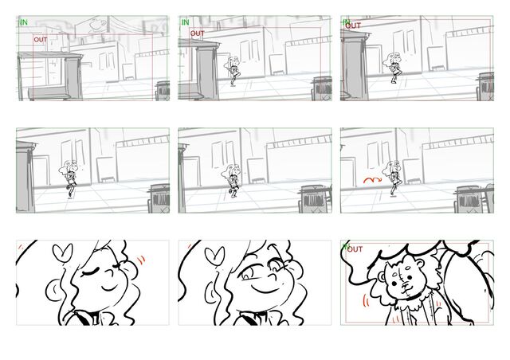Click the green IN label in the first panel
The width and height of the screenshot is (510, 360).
click(24, 22)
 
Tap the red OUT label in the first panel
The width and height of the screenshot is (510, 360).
click(41, 40)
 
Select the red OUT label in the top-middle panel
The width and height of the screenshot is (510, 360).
click(197, 33)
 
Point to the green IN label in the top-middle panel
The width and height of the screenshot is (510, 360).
click(185, 22)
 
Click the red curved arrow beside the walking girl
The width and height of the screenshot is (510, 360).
click(372, 179)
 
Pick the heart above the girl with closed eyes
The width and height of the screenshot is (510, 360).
click(62, 253)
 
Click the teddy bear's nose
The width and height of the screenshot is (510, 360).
click(404, 285)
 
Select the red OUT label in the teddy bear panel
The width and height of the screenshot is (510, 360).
click(355, 249)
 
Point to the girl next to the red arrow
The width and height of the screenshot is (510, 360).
click(393, 178)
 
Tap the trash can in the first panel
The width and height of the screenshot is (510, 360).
click(163, 90)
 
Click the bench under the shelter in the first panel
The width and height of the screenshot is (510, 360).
click(49, 93)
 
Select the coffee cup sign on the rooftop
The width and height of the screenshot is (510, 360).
click(96, 25)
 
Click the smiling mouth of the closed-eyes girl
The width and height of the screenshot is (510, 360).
click(109, 288)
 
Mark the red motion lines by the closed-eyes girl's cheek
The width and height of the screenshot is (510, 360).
click(141, 260)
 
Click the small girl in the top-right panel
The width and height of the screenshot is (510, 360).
click(395, 68)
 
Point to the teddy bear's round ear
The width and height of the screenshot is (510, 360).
click(381, 277)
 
